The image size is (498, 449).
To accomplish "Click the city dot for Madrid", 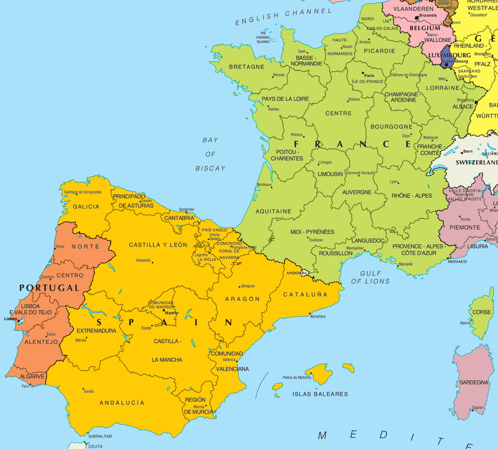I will [164, 310].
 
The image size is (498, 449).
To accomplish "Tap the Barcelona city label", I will [318, 316].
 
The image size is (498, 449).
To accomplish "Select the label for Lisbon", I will [10, 319].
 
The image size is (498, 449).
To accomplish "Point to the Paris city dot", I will [363, 73].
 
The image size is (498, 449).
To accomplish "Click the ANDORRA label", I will [297, 273].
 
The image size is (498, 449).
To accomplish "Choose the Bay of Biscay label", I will [210, 154].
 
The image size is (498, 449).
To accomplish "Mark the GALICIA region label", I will [86, 207].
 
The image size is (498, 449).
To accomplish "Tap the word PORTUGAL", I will [49, 288].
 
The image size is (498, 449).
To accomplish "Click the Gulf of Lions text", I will [370, 277].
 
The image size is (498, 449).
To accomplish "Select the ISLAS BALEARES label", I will [320, 394].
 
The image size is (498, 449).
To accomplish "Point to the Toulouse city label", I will [316, 240].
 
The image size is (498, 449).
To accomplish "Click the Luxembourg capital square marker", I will [446, 65].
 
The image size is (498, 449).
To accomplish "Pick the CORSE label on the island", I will [481, 312].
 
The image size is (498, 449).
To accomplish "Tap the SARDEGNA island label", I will [474, 382].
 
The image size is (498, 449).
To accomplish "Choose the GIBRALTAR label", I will [100, 436].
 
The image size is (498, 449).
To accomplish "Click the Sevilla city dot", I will [83, 389].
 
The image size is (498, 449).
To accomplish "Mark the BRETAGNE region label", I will [247, 67].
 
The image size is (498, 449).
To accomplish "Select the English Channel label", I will [283, 17].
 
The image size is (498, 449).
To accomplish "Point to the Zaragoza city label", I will [248, 286].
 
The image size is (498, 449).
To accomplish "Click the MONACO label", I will [457, 261].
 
